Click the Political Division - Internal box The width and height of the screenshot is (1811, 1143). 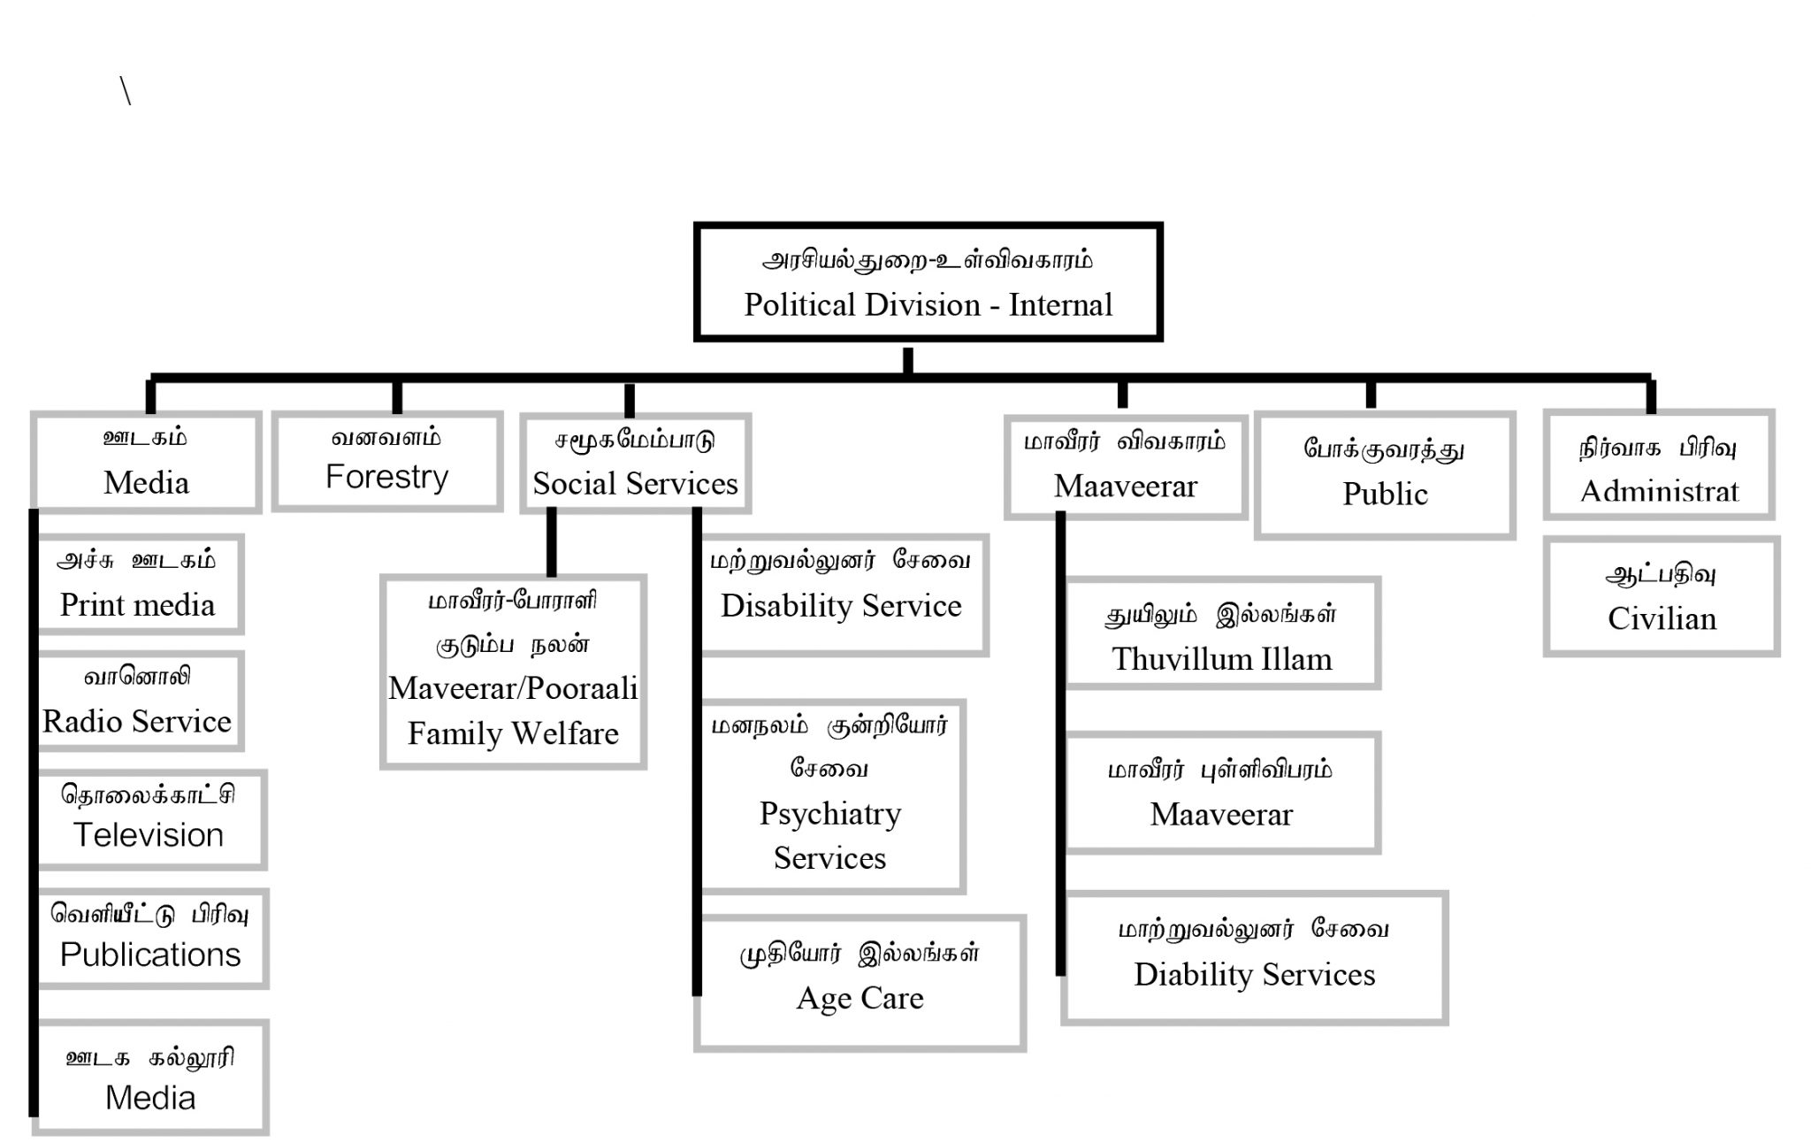click(x=928, y=282)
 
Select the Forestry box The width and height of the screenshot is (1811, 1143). click(x=387, y=461)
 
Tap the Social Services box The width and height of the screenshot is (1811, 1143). click(x=635, y=464)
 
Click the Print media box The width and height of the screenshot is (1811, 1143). click(x=138, y=584)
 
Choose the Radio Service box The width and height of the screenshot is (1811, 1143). click(x=138, y=702)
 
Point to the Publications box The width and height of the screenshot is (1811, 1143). click(x=150, y=939)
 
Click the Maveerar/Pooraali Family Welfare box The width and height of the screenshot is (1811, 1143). click(x=513, y=671)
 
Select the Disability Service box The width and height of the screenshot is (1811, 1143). click(x=841, y=595)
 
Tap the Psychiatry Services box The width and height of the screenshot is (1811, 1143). click(x=830, y=796)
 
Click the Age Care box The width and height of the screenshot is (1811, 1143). click(x=860, y=983)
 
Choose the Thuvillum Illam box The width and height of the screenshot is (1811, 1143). click(x=1221, y=633)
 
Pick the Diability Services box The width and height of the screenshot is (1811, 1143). click(x=1254, y=957)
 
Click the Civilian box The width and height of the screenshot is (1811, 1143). click(x=1662, y=597)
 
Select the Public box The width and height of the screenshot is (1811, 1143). click(x=1385, y=475)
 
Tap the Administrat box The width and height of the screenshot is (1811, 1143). click(x=1659, y=464)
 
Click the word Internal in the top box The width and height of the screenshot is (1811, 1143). click(x=1060, y=305)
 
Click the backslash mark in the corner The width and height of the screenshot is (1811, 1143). click(x=126, y=91)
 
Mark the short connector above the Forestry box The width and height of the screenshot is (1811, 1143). click(x=397, y=397)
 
